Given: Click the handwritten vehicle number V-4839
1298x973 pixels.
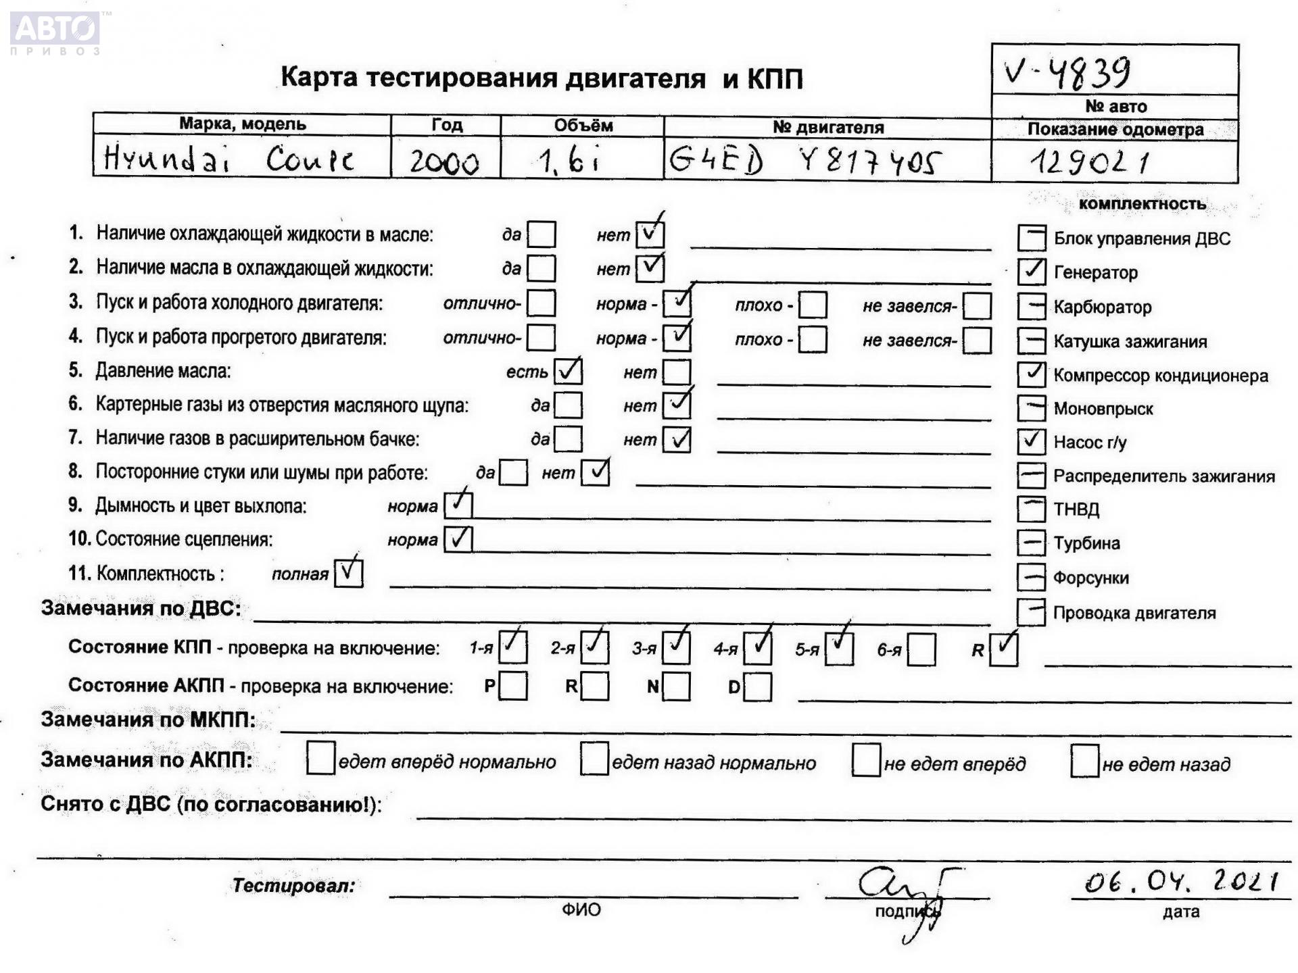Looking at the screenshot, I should click(1067, 72).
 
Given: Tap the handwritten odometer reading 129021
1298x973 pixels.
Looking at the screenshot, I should click(1090, 162).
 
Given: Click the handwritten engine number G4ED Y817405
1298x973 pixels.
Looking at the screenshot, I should click(804, 161).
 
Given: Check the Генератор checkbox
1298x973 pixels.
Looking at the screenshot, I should click(1031, 272).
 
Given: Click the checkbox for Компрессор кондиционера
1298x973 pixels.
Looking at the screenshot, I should click(1031, 374).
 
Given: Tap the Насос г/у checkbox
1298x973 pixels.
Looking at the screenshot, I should click(1031, 442).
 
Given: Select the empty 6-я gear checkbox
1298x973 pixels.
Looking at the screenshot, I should click(922, 650).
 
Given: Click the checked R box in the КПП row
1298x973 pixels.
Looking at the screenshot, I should click(1003, 649).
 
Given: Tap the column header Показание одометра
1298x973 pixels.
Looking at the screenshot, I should click(1115, 130).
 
